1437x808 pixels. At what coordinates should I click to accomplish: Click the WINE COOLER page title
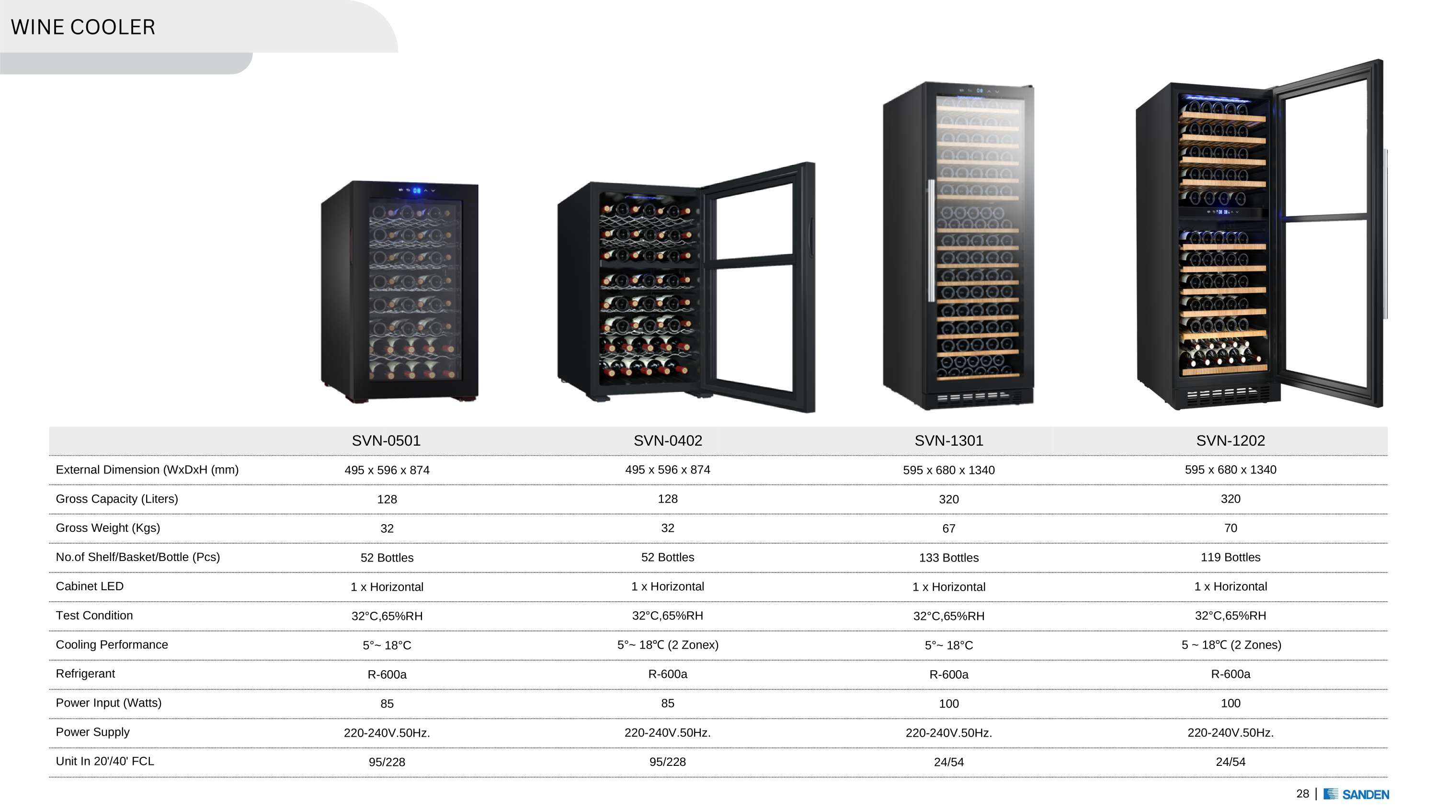(83, 27)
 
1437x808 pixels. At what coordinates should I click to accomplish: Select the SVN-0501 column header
(386, 440)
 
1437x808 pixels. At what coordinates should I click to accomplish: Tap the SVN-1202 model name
(1230, 440)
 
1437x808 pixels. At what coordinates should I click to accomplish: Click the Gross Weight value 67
(948, 528)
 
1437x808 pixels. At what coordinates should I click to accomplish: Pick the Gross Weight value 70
(1230, 527)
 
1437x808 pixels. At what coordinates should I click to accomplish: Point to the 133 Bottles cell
(948, 558)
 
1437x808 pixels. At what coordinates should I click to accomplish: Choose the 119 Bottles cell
(1230, 557)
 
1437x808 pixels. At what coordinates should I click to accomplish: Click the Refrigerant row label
(85, 673)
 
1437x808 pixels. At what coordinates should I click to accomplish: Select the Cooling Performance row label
(112, 645)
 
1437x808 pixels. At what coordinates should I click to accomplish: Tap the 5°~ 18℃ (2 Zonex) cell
(668, 645)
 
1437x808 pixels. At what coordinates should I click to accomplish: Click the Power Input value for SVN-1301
(948, 704)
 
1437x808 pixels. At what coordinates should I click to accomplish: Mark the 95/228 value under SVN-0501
(387, 762)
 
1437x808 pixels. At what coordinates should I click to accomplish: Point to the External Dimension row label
(147, 470)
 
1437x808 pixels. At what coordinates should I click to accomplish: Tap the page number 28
(1302, 794)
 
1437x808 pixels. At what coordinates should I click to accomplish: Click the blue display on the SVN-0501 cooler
(417, 191)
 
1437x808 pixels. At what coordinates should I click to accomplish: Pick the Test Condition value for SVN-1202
(1230, 616)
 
